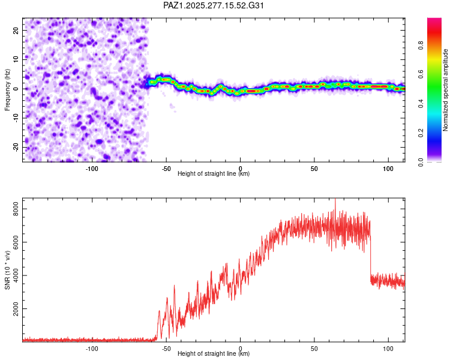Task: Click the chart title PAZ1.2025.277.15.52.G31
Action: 214,5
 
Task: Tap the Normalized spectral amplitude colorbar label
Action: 446,90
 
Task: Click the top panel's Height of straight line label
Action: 214,174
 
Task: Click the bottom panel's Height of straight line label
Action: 214,354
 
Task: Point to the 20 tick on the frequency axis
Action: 16,29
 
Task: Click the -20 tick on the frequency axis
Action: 15,147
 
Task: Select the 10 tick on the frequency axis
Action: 16,59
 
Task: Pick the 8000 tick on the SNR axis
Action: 13,209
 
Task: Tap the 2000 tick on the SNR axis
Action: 13,310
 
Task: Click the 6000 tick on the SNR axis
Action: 13,242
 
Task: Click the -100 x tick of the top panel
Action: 92,169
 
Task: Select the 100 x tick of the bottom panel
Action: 388,348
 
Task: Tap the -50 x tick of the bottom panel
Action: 166,348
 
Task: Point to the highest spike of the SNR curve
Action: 335,200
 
